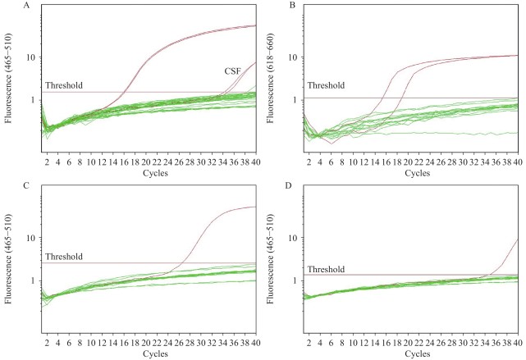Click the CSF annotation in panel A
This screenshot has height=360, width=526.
pos(232,71)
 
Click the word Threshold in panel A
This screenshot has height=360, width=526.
pos(64,85)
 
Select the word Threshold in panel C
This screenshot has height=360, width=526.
pos(64,257)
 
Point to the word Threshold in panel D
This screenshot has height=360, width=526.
pos(327,269)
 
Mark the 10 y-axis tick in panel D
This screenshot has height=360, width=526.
pos(293,238)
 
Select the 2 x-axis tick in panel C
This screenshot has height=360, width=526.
pos(47,343)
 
